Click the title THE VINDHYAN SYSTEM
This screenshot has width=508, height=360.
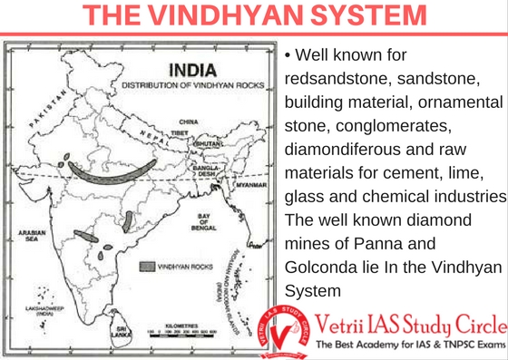tap(253, 15)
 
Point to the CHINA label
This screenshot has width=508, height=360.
tap(189, 121)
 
